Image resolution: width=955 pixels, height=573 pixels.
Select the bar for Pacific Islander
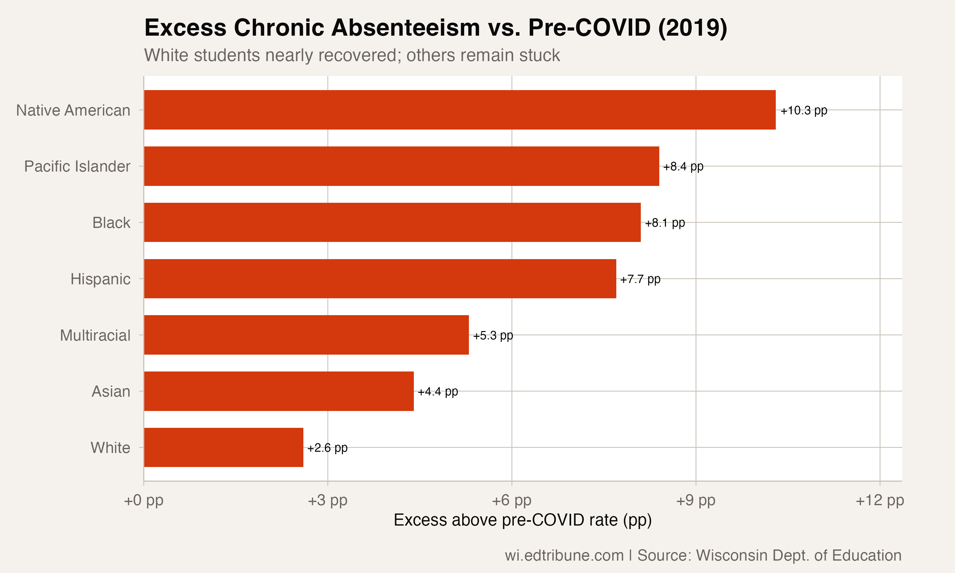[x=401, y=166]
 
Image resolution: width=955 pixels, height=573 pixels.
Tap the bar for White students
[x=223, y=447]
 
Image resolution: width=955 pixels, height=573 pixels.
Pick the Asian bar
[x=279, y=391]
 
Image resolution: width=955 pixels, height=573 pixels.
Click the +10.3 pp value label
[x=804, y=110]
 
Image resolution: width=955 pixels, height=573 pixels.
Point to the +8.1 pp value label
[x=665, y=223]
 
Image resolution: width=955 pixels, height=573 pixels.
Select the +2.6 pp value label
[x=327, y=448]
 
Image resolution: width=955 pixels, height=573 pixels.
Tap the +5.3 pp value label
[x=493, y=336]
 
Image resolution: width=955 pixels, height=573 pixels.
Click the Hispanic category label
[x=100, y=279]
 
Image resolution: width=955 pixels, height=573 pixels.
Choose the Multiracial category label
[x=95, y=335]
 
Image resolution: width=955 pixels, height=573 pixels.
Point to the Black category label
[x=111, y=223]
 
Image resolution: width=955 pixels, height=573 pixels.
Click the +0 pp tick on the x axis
[x=144, y=500]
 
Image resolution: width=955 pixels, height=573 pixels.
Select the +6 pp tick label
[x=512, y=500]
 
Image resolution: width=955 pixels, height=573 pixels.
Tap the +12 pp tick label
[x=880, y=500]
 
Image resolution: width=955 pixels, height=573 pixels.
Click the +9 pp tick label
[x=696, y=500]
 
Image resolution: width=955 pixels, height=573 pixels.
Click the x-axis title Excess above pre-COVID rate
[x=522, y=520]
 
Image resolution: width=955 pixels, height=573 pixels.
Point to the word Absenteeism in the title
[x=406, y=28]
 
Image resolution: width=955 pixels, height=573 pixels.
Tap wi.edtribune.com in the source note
[x=564, y=555]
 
